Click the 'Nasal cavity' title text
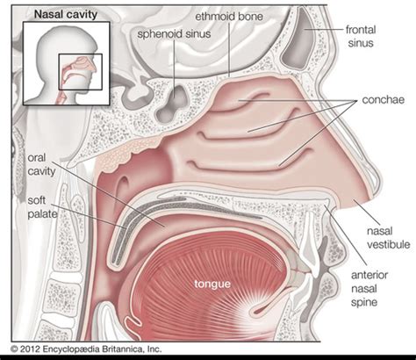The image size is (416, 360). coord(66,14)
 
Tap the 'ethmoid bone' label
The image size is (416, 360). coord(229,17)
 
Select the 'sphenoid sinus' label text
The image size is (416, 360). coord(174,33)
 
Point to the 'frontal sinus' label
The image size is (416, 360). coord(361,36)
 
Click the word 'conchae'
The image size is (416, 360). coord(384,100)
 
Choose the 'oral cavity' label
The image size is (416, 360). coord(41,164)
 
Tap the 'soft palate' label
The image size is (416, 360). coord(42,207)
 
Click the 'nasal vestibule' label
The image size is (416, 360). coord(389,238)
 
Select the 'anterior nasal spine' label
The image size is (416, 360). coord(369,289)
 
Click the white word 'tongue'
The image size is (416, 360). coord(212,284)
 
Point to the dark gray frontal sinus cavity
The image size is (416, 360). coord(299,38)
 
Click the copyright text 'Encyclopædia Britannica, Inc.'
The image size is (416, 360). coord(102,349)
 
